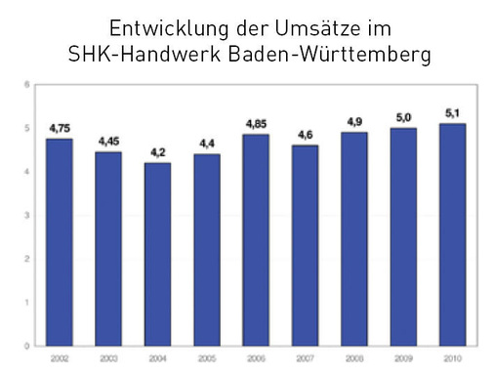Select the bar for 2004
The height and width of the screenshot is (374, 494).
[158, 254]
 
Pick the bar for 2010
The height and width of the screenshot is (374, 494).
[451, 234]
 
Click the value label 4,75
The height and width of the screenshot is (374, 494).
[61, 128]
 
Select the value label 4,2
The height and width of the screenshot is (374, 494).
[158, 152]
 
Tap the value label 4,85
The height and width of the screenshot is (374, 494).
[256, 124]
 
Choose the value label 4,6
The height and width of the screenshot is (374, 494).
[305, 135]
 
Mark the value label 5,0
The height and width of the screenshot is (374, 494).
[402, 117]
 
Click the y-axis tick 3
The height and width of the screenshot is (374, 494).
[26, 215]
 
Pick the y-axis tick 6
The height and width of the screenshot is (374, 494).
[26, 85]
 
